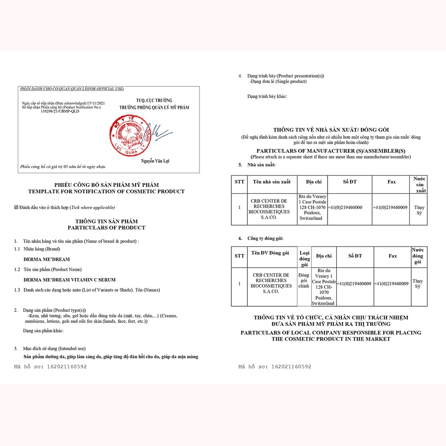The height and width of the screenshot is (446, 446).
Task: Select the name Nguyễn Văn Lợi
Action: [x=155, y=162]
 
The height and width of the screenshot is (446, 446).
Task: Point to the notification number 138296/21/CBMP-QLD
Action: [x=60, y=111]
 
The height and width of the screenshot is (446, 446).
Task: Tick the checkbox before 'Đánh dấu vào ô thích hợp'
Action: [x=16, y=207]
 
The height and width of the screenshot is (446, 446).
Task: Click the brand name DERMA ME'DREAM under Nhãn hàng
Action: [x=46, y=259]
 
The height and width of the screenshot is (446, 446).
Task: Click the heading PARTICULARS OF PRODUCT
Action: [x=106, y=228]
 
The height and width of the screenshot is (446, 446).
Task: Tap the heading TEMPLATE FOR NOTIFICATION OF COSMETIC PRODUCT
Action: [x=106, y=191]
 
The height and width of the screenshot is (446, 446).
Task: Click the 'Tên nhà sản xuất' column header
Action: [x=269, y=182]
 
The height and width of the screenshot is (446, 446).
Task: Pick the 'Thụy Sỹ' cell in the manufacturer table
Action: [x=419, y=210]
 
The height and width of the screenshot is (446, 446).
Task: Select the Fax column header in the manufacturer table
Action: [x=392, y=182]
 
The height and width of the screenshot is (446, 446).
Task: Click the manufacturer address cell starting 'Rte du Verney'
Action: [x=312, y=207]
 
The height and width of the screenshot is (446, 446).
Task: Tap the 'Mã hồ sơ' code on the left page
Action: [x=51, y=367]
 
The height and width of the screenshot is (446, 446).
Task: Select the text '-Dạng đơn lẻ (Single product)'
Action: [x=278, y=81]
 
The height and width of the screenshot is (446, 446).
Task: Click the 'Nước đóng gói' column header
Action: [x=418, y=256]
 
